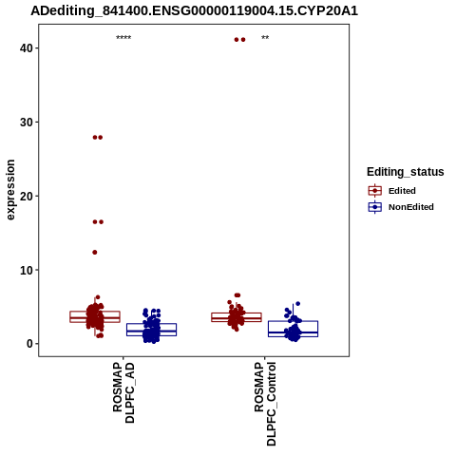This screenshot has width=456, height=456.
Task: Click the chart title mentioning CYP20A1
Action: pos(194,10)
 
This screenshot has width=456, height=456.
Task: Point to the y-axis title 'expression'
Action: pos(10,190)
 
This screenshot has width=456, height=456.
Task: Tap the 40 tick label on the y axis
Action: pos(27,48)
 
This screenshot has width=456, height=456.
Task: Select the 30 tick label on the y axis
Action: pos(27,123)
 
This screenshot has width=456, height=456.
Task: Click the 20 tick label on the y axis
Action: pos(27,196)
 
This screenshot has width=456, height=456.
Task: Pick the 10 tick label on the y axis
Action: pos(27,270)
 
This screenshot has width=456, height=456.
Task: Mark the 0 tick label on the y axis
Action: pos(29,344)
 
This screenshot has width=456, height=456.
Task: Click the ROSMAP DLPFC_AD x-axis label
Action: pos(123,393)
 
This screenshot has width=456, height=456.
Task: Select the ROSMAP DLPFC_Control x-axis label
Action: pos(265,404)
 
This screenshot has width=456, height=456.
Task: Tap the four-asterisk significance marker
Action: pos(123,38)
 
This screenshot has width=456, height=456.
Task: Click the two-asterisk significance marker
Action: pos(265,38)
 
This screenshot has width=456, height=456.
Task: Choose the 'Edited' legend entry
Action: pos(402,191)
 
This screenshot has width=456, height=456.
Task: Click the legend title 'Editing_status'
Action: pos(406,172)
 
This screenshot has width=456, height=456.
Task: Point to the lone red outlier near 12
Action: pos(95,253)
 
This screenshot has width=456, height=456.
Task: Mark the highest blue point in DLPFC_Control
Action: pos(297,304)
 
